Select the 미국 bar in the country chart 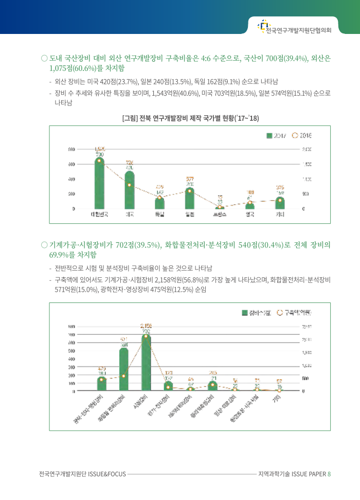(130, 190)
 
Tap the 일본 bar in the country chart (190, 199)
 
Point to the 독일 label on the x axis (159, 215)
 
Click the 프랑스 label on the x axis (220, 215)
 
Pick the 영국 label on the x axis (250, 215)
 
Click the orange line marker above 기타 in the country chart (280, 200)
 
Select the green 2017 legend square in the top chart (269, 136)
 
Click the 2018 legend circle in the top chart (295, 136)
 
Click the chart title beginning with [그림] (190, 119)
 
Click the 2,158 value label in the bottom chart (146, 325)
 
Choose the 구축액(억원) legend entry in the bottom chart (295, 312)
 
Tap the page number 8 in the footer (329, 473)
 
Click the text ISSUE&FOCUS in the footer (107, 473)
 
